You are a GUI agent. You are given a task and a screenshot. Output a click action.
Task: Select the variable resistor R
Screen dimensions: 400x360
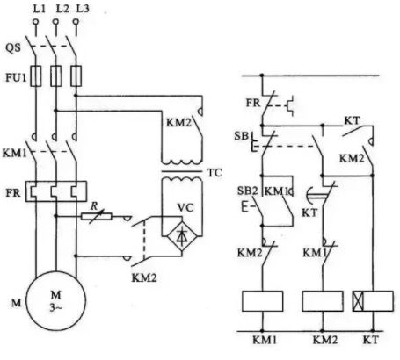97,217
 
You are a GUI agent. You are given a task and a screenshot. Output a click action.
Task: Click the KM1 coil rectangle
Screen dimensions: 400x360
263,301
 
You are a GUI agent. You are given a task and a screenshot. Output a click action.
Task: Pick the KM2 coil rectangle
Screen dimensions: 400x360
323,301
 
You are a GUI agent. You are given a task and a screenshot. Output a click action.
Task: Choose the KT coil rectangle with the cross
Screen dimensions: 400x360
373,301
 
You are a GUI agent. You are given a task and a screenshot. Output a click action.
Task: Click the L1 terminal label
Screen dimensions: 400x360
39,9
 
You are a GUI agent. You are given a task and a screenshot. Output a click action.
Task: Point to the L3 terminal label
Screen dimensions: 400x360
83,9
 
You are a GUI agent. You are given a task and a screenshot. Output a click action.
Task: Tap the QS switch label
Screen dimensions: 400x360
13,47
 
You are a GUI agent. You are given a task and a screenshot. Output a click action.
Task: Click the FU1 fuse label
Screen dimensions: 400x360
16,77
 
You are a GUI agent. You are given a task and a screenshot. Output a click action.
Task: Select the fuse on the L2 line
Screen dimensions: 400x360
56,76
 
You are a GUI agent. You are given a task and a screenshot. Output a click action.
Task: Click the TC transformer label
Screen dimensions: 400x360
215,173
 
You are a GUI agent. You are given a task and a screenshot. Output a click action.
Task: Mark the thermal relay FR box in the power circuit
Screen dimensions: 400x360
56,191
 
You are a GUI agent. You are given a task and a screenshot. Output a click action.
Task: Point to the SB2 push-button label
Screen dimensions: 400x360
248,191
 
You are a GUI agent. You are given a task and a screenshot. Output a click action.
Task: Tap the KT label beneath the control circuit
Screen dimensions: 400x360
371,340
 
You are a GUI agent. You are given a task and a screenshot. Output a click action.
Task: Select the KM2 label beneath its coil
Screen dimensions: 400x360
325,340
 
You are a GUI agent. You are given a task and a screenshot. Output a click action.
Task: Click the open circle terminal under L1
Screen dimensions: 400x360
36,21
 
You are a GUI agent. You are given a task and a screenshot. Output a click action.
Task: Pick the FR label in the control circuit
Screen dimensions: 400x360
253,103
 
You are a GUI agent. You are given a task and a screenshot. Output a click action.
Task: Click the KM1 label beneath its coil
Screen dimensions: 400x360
265,340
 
